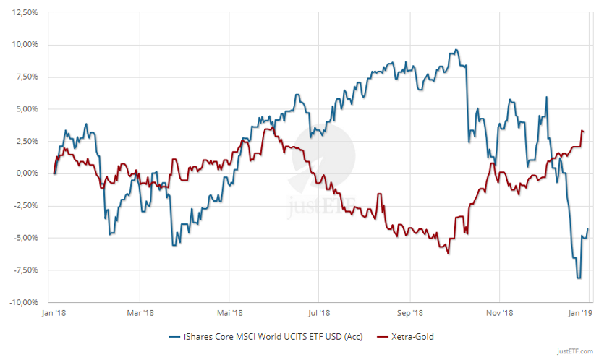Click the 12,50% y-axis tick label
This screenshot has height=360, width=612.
[25, 13]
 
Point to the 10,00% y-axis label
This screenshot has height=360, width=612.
[25, 45]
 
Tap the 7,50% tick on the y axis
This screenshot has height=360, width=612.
[27, 77]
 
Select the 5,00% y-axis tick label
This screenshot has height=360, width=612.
[27, 109]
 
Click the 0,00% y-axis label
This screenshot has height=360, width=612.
[27, 173]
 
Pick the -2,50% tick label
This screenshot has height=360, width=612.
[25, 205]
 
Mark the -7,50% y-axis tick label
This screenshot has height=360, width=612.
[25, 270]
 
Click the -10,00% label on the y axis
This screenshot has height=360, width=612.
[24, 301]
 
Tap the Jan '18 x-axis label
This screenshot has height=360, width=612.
[53, 313]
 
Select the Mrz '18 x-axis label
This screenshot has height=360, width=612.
[140, 313]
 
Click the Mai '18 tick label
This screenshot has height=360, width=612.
[229, 313]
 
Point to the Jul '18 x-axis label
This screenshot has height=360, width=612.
[318, 313]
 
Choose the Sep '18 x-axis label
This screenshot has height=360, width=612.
[409, 313]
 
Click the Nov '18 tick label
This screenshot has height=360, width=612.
[499, 313]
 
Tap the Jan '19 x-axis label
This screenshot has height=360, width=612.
[582, 313]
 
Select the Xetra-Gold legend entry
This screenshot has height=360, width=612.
[410, 336]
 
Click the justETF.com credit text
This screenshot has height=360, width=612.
[575, 351]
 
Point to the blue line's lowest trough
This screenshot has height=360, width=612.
[579, 278]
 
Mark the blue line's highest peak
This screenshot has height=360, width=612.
[455, 50]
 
